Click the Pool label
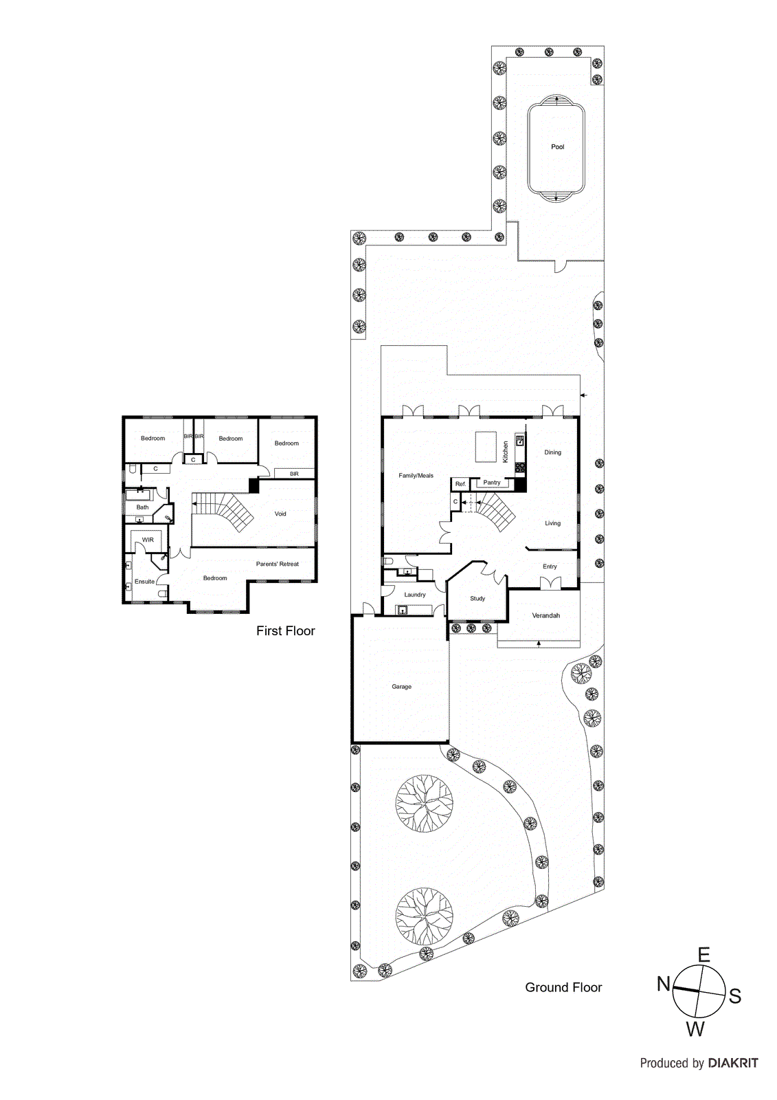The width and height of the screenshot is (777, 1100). click(x=557, y=147)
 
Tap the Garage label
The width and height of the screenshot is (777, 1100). click(x=401, y=687)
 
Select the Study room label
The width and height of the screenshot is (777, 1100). click(x=477, y=599)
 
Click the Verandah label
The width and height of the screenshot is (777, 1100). click(x=545, y=616)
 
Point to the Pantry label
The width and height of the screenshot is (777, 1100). click(x=492, y=483)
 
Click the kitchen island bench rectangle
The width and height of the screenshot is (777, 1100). click(x=486, y=447)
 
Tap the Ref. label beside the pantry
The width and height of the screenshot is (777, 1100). click(x=460, y=484)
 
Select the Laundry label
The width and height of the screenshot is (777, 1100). click(x=414, y=595)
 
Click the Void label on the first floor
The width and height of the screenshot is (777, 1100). click(x=280, y=514)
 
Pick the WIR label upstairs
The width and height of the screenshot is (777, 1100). click(x=148, y=540)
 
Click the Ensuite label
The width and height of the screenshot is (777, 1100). click(x=144, y=582)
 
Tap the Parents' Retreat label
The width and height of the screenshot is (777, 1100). click(x=277, y=564)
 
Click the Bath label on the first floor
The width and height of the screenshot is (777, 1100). click(x=142, y=507)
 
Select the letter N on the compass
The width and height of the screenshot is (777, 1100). click(x=663, y=984)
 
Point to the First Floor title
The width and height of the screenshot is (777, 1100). click(x=285, y=631)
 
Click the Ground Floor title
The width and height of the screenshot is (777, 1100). click(x=563, y=987)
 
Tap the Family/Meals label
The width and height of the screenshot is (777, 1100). click(x=416, y=476)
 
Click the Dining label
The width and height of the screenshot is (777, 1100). click(x=552, y=452)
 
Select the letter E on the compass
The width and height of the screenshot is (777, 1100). click(x=703, y=955)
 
